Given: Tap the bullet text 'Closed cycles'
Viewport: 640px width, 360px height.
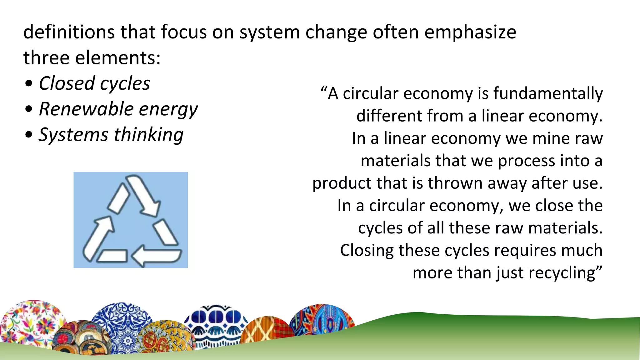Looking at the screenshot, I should pyautogui.click(x=94, y=84).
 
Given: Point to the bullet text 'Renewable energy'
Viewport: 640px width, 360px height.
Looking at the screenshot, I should pyautogui.click(x=118, y=109).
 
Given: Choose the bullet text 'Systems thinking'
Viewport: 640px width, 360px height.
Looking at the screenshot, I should pyautogui.click(x=111, y=135).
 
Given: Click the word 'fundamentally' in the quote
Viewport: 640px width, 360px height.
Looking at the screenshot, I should pyautogui.click(x=548, y=94).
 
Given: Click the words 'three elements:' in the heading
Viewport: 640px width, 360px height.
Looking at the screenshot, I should pyautogui.click(x=92, y=58).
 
